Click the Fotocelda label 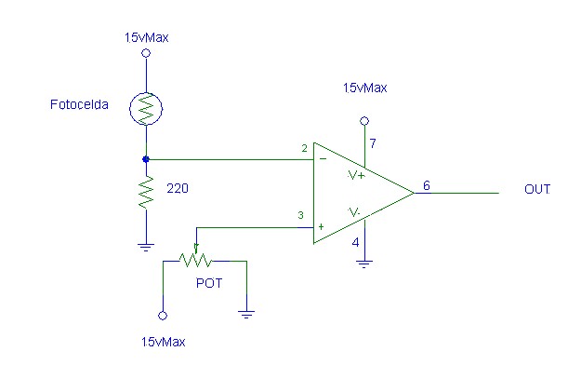point(79,104)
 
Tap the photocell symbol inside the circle point(146,109)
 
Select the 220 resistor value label point(178,188)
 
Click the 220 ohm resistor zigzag point(146,192)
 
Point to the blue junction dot point(146,159)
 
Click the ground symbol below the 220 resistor point(146,247)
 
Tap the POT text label point(209,283)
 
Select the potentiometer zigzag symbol point(195,259)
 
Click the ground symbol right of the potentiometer point(246,314)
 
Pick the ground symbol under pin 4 point(364,264)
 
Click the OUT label point(537,189)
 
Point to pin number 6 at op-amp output point(427,185)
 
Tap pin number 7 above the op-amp point(373,143)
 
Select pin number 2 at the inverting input point(305,148)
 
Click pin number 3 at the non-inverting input point(300,215)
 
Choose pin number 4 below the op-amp point(355,242)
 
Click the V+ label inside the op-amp point(356,175)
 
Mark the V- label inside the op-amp point(353,212)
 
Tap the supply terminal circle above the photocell point(146,53)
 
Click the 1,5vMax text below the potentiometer point(163,342)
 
